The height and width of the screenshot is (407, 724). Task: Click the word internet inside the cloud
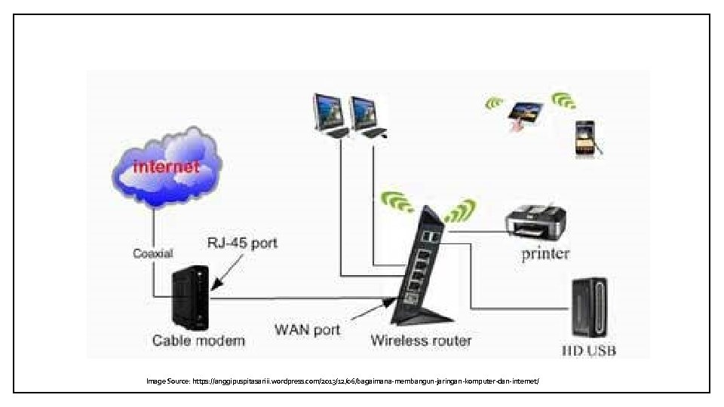(166, 166)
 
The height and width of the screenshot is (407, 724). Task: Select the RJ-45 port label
(242, 243)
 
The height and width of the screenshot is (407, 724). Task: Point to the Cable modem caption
(198, 340)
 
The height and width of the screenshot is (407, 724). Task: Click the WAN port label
(307, 329)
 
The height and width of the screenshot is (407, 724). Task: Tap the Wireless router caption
(421, 340)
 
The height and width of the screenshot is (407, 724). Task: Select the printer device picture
(536, 221)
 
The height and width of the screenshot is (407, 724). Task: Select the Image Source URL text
(343, 381)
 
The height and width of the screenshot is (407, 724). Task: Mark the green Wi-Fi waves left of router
(397, 201)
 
